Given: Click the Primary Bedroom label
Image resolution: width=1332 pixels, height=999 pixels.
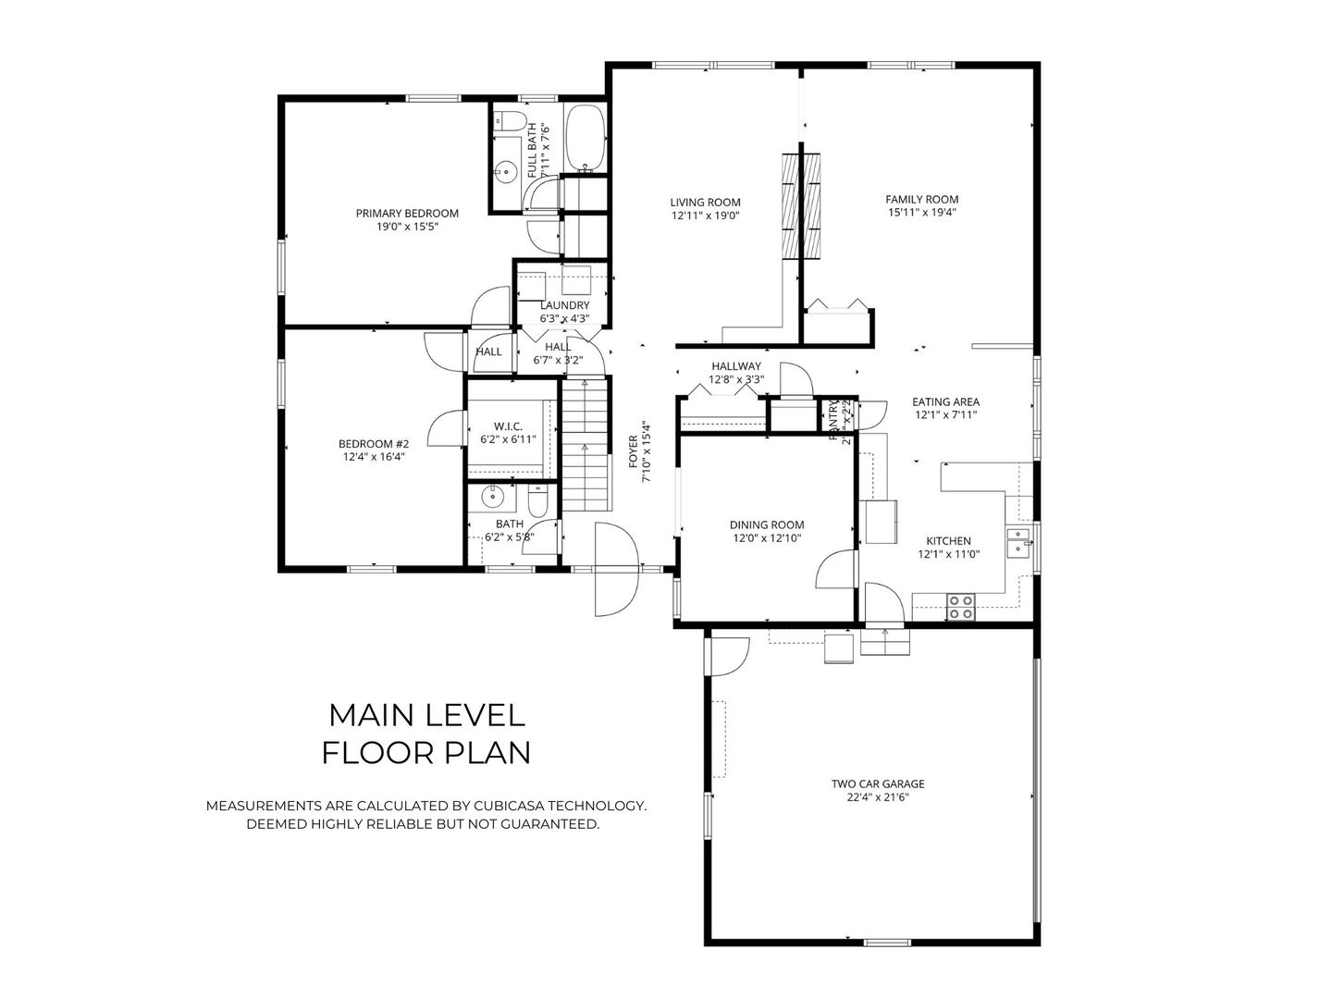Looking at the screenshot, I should (407, 213).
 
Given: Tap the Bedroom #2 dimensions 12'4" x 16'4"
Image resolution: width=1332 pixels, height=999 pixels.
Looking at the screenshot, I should (373, 456).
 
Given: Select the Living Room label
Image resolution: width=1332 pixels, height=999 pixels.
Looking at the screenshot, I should (705, 203).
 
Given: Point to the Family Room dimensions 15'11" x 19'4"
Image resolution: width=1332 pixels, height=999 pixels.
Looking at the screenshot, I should (921, 212).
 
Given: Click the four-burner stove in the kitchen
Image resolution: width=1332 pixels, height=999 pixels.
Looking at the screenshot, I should (960, 606).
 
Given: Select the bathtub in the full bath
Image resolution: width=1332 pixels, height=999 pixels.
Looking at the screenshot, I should (585, 139).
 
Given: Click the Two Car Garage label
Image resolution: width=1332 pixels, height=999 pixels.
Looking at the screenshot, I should (877, 783).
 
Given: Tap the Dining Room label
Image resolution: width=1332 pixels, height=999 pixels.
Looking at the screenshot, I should (767, 524).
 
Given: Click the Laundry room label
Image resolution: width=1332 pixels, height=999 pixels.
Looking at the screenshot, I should (564, 305).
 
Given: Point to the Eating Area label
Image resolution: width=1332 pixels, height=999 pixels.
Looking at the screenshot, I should (945, 401).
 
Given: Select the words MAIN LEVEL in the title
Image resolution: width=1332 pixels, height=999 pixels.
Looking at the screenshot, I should (426, 714).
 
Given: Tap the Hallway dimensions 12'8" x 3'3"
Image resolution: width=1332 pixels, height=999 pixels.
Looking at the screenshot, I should (736, 379).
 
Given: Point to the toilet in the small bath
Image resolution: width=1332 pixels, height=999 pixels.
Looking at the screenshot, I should (537, 503).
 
